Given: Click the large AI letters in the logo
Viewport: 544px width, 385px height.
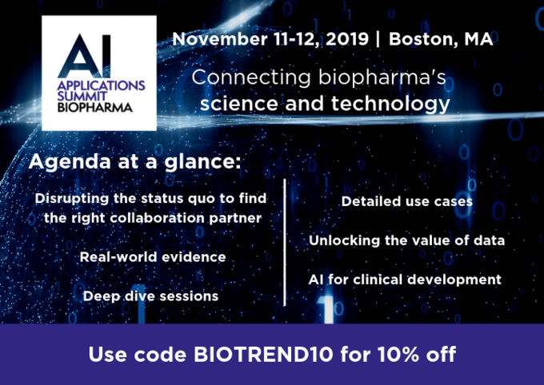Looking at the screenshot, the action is [85, 56].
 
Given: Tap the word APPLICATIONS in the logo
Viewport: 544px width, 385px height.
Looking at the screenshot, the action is [101, 86].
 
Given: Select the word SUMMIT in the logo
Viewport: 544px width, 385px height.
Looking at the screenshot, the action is [82, 97].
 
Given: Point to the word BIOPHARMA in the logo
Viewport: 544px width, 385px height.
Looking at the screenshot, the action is [94, 107].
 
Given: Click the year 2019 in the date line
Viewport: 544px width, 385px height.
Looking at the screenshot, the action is [347, 39].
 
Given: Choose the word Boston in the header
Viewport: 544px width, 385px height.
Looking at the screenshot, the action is [418, 39].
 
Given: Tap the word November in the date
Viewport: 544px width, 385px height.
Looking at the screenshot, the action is [220, 39].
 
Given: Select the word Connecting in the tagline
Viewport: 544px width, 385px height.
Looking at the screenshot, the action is [251, 77].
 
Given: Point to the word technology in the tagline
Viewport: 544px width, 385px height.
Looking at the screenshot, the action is [390, 105].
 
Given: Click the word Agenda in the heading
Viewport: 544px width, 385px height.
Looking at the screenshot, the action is [70, 162].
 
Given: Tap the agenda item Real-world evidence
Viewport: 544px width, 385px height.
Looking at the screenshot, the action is [153, 257].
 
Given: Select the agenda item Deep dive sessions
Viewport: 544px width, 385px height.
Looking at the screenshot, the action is [150, 296].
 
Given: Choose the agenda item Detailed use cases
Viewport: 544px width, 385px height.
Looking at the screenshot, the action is [406, 201].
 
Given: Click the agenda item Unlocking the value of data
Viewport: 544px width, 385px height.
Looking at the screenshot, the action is [406, 240].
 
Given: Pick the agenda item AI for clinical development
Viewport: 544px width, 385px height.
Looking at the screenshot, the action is [405, 280].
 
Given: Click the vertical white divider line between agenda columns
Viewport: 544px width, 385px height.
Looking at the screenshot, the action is [285, 243].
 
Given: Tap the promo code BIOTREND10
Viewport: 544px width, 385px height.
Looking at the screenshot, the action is [263, 355].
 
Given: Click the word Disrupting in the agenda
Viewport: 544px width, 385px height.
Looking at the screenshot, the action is [72, 200].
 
